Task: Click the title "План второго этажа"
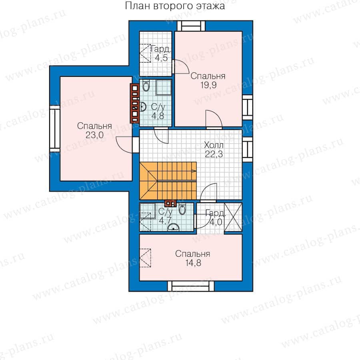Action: coord(175,6)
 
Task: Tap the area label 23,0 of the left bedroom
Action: coord(94,135)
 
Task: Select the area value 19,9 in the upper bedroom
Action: coord(208,85)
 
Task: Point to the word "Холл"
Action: coord(214,145)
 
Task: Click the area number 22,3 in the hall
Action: coord(214,154)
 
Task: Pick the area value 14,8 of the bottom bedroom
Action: coord(193,263)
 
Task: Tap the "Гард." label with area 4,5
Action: coord(161,49)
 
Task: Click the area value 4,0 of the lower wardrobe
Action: coord(216,222)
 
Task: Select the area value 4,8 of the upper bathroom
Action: coord(158,116)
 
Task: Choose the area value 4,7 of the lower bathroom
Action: coord(165,221)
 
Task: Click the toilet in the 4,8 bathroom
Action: coord(146,86)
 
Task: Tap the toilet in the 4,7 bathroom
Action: coord(182,209)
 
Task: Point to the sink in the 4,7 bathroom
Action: coord(173,227)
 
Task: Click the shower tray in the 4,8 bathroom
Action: coord(164,87)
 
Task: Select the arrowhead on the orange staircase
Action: coord(194,171)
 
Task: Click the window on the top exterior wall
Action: coord(191,26)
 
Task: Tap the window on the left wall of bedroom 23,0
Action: coord(55,128)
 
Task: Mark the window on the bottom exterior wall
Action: coord(191,286)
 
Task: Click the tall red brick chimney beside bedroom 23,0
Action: coord(135,103)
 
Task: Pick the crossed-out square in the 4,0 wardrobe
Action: coord(233,217)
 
